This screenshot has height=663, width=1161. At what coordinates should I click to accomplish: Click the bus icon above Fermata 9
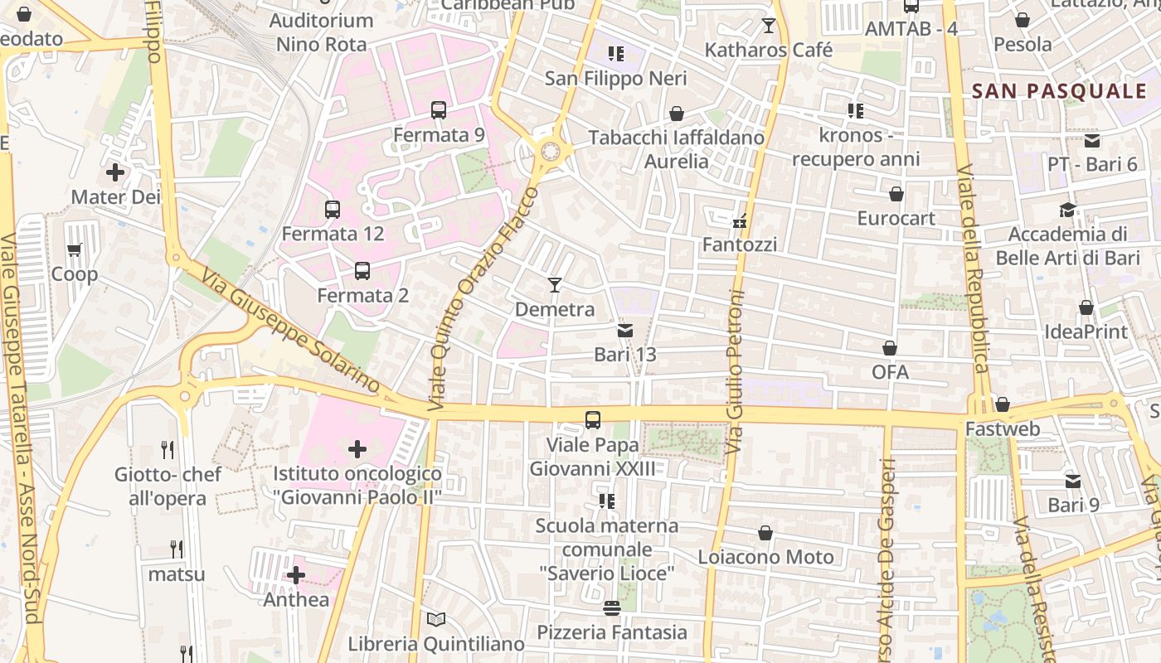(439, 110)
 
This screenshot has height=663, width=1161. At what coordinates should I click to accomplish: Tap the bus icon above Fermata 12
(333, 210)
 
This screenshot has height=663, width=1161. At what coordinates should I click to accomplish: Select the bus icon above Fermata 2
(362, 271)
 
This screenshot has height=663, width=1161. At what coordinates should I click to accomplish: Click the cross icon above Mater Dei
(115, 172)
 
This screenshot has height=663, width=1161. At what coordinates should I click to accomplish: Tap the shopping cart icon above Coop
(75, 249)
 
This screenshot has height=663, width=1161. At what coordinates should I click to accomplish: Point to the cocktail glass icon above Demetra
(555, 285)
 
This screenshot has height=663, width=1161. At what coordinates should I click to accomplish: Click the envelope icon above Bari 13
(625, 331)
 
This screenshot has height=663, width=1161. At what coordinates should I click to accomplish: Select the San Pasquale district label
(1058, 91)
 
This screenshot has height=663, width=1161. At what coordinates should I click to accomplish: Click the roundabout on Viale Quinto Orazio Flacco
(550, 152)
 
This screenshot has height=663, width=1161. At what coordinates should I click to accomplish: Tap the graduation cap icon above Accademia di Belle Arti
(1067, 211)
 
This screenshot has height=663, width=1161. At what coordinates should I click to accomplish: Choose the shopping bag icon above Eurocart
(896, 194)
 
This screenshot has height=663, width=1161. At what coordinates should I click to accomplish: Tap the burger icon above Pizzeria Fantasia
(612, 608)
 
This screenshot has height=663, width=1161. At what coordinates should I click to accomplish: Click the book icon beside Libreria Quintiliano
(436, 619)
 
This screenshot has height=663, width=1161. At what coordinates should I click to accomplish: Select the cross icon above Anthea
(296, 575)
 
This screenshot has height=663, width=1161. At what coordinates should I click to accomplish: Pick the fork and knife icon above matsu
(177, 549)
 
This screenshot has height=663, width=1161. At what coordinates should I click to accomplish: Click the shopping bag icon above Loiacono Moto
(765, 533)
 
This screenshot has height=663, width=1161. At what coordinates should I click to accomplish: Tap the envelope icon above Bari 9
(1073, 481)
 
